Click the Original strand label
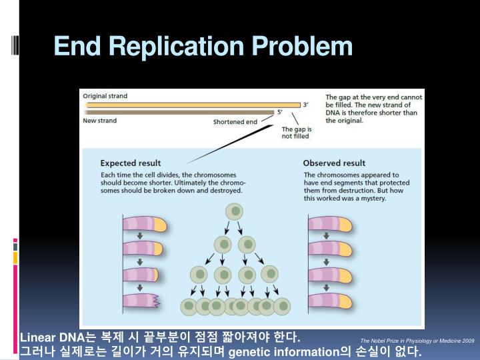(x=105, y=96)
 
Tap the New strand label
(x=99, y=121)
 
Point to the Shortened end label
(x=235, y=122)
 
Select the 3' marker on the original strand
(x=306, y=105)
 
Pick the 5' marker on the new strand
(x=279, y=113)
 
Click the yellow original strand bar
(x=193, y=105)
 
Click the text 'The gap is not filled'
(x=297, y=133)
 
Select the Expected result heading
(x=130, y=163)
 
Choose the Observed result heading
(x=334, y=163)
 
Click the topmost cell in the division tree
(x=234, y=213)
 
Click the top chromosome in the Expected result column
(x=146, y=223)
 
